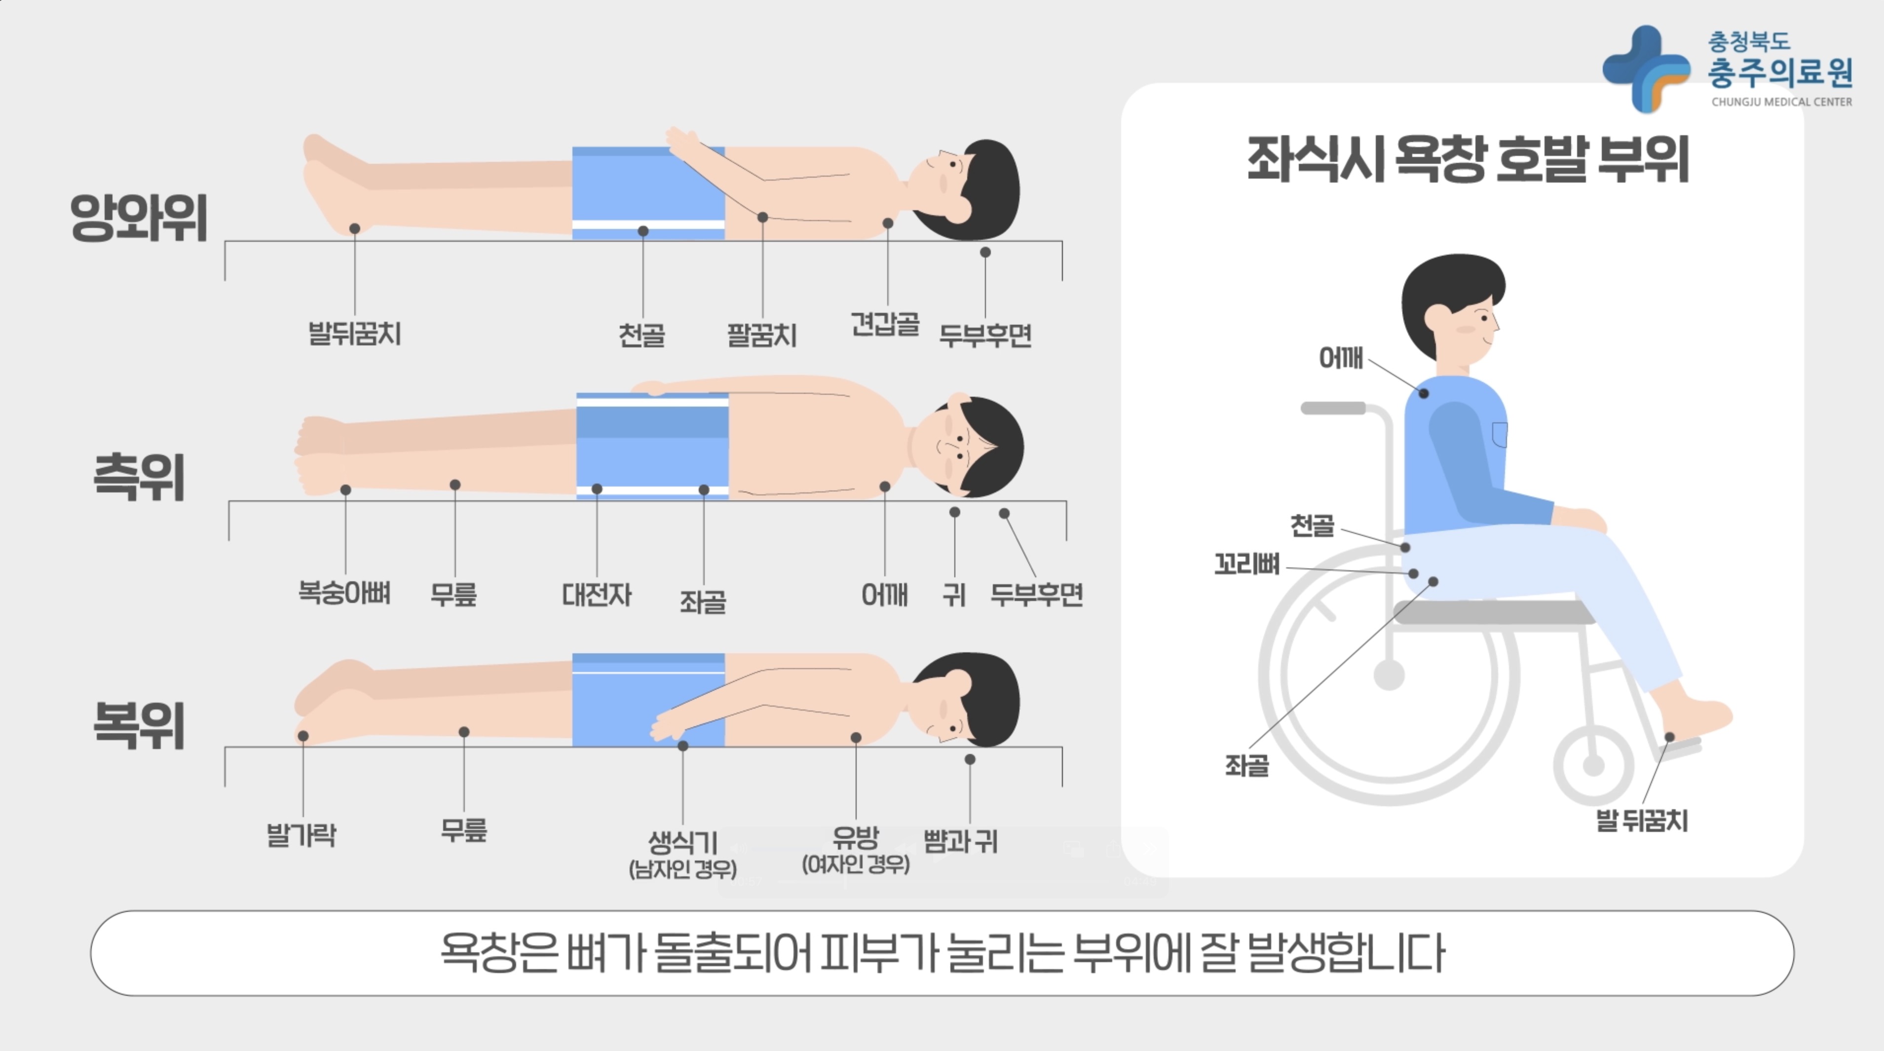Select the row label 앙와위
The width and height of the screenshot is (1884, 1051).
[x=139, y=217]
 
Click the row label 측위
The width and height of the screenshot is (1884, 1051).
[x=139, y=477]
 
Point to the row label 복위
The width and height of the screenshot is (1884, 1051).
[x=139, y=725]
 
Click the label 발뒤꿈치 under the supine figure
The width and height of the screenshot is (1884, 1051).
[x=355, y=334]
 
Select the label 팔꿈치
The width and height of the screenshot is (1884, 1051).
[x=761, y=335]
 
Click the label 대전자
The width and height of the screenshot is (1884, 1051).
[x=597, y=595]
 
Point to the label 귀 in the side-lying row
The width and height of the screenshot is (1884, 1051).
[x=954, y=595]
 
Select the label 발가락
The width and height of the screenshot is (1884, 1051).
[x=301, y=834]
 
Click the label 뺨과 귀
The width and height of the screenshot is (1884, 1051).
[x=960, y=841]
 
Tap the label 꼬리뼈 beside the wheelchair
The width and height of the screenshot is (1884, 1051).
[x=1247, y=564]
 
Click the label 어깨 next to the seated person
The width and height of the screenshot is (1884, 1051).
[x=1341, y=358]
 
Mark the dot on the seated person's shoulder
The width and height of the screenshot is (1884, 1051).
[x=1424, y=393]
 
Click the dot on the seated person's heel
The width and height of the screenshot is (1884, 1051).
[x=1670, y=737]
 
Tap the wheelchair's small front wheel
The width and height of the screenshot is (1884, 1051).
[x=1594, y=765]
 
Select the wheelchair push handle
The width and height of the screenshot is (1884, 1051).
[x=1332, y=408]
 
